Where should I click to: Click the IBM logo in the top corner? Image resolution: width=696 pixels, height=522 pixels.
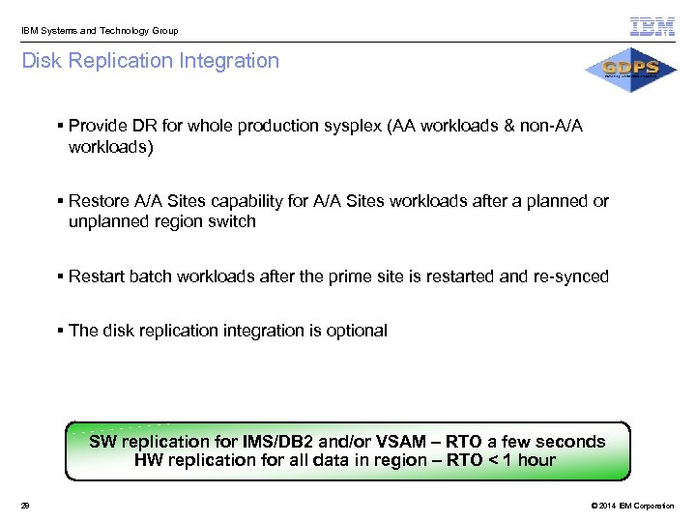(x=652, y=27)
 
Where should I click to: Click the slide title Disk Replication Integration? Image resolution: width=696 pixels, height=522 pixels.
(x=150, y=61)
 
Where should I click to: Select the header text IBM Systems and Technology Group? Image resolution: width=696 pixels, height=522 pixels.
(x=100, y=31)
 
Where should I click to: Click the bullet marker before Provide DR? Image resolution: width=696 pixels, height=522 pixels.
(x=60, y=127)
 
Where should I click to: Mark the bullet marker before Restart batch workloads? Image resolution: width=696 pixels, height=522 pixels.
(x=60, y=276)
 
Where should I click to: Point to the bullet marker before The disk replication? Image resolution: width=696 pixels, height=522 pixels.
(x=60, y=331)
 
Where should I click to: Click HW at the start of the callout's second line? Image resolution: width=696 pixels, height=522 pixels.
(x=149, y=460)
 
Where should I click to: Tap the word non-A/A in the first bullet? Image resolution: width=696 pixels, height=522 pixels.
(x=551, y=127)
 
